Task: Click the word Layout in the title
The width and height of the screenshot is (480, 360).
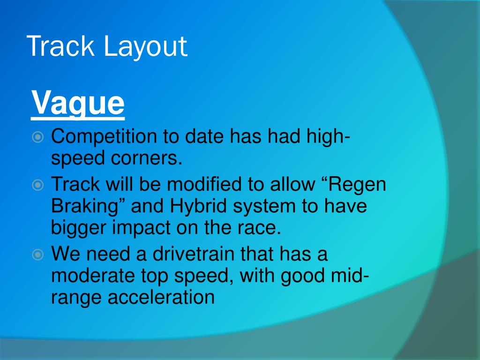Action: tap(145, 47)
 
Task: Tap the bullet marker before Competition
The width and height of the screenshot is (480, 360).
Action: tap(38, 137)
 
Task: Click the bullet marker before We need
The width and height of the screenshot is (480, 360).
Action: tap(38, 255)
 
